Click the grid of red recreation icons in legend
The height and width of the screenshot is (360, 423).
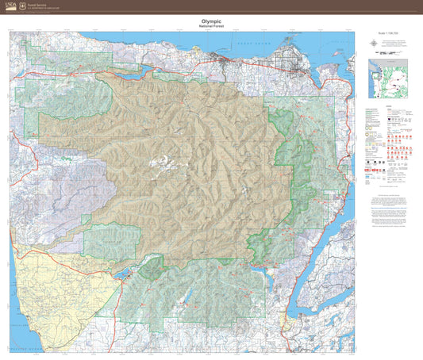pos(394,143)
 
